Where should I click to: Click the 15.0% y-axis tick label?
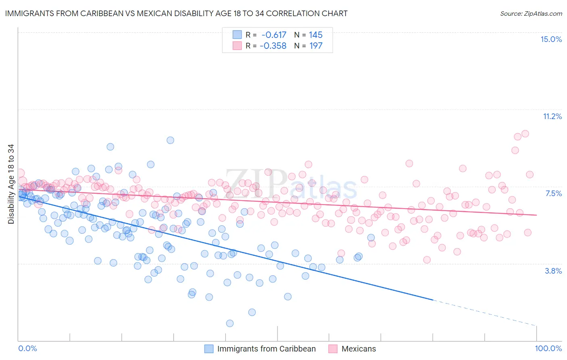(551, 39)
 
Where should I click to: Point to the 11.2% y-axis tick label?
(552, 116)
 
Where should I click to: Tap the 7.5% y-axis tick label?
(553, 193)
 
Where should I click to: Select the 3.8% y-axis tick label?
(553, 271)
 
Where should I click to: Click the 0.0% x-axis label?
(27, 348)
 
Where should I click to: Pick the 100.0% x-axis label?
(548, 348)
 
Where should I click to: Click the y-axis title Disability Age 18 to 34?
(11, 184)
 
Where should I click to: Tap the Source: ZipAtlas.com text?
(531, 13)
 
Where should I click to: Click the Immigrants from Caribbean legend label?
(266, 349)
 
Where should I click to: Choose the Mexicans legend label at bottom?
(359, 349)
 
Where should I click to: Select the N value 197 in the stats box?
(316, 46)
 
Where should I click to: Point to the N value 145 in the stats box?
(316, 35)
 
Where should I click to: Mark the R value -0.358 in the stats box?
(273, 46)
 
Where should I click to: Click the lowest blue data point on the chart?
(230, 323)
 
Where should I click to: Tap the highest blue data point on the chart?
(170, 140)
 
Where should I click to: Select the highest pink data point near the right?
(525, 134)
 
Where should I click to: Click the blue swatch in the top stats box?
(237, 35)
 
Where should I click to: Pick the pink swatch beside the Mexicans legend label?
(333, 349)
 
